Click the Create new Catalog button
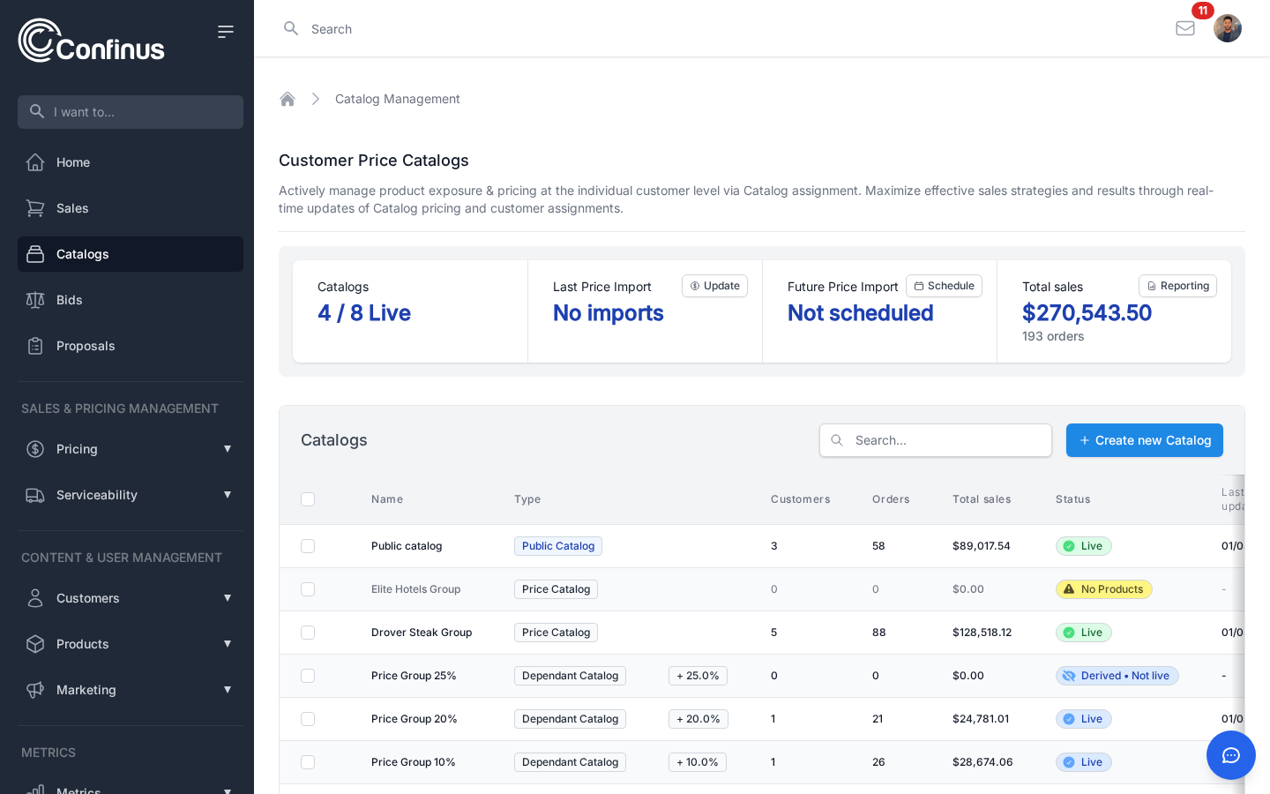[x=1144, y=440]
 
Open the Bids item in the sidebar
[x=69, y=300]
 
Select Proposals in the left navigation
[x=85, y=346]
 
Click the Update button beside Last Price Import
[x=714, y=286]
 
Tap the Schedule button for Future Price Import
[x=944, y=286]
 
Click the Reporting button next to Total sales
[x=1177, y=286]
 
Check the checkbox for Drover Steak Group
[x=308, y=633]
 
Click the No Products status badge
[x=1103, y=589]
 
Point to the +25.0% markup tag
[x=698, y=676]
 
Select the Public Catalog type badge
[x=557, y=546]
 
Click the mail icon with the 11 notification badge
[x=1185, y=28]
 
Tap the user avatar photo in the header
[x=1227, y=28]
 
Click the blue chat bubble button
[x=1230, y=755]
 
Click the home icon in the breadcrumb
[x=288, y=99]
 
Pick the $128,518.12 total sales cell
[x=982, y=633]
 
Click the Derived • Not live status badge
[x=1117, y=676]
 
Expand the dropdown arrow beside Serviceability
[x=228, y=495]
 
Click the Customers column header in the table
[x=800, y=499]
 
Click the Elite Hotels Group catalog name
[x=415, y=589]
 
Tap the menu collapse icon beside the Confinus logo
[x=226, y=32]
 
